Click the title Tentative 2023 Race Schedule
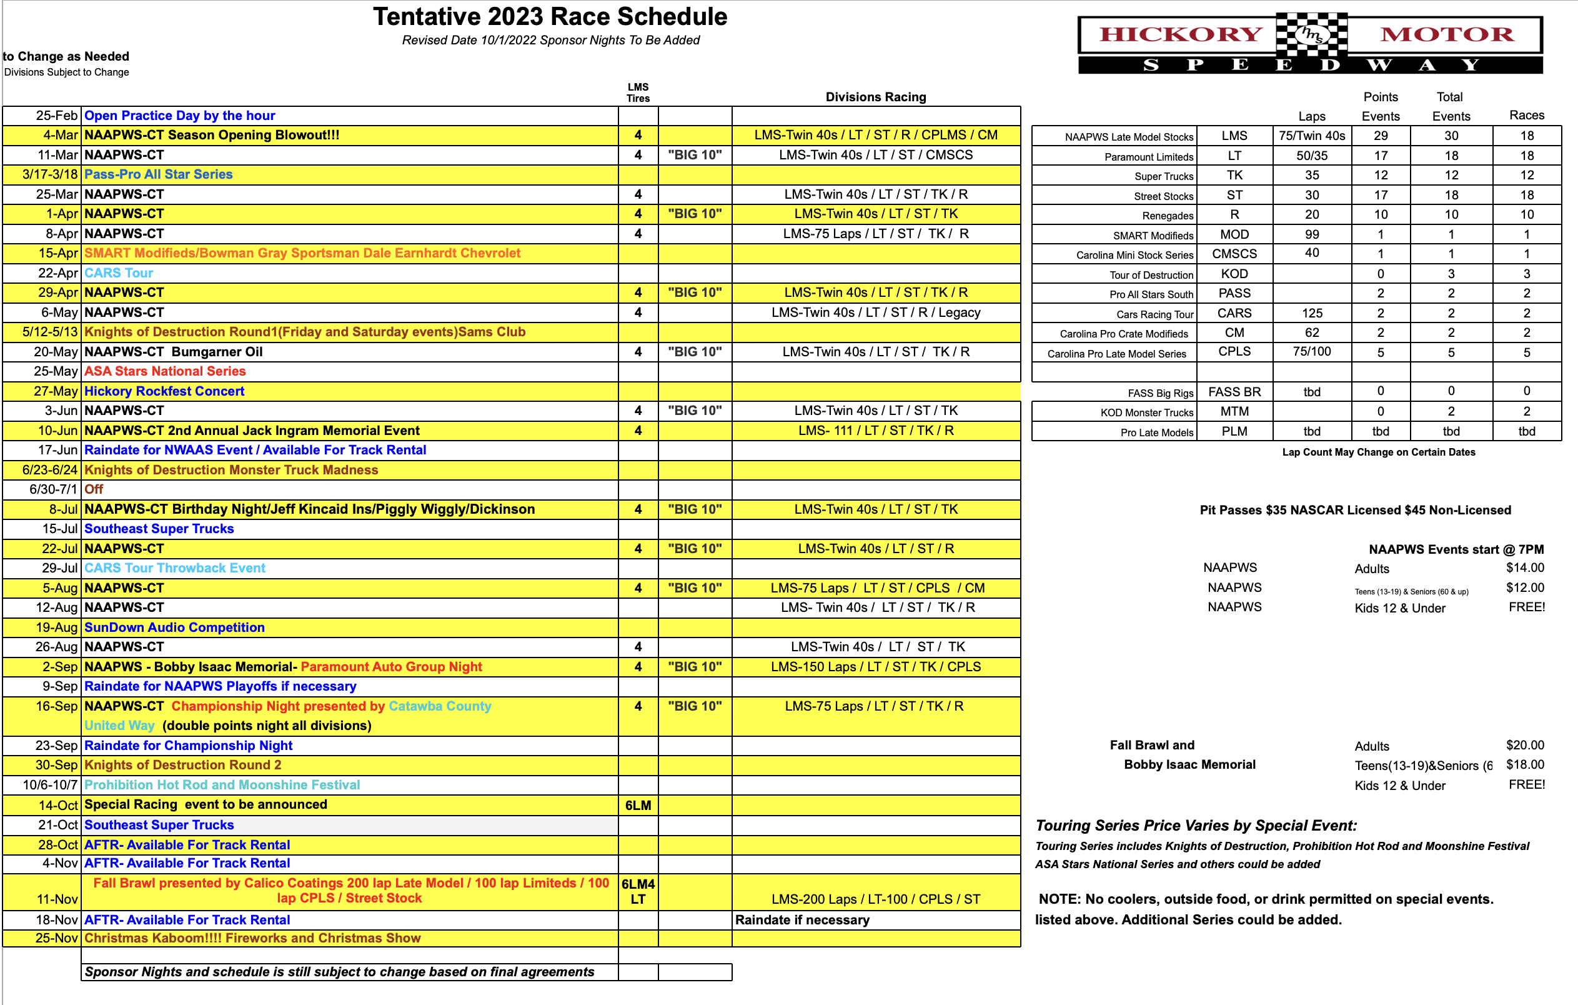tap(550, 17)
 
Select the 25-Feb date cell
tap(56, 116)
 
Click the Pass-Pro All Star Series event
tap(159, 174)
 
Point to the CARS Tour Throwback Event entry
tap(175, 568)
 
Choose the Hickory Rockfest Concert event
tap(164, 391)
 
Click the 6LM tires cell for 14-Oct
tap(638, 805)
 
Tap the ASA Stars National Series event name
tap(165, 371)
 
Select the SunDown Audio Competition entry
tap(174, 627)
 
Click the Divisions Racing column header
tap(875, 97)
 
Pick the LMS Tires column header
tap(638, 92)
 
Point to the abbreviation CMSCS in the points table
tap(1234, 254)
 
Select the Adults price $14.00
tap(1525, 567)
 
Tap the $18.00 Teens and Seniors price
tap(1525, 764)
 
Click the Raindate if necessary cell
tap(803, 920)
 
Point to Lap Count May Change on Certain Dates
tap(1379, 452)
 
